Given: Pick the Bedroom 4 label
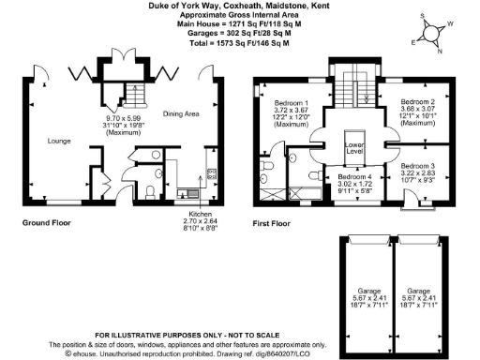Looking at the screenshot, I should (x=355, y=176).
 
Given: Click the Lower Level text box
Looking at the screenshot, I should (x=355, y=147).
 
